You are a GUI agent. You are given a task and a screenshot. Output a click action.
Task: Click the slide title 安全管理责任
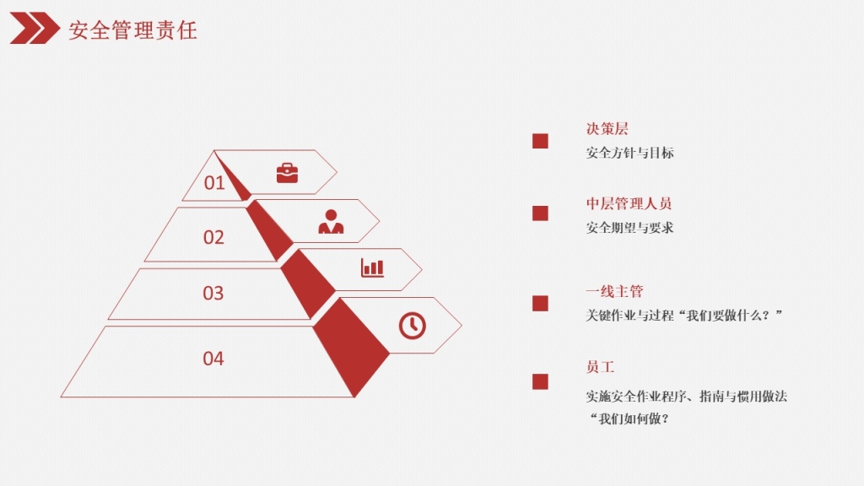pyautogui.click(x=132, y=30)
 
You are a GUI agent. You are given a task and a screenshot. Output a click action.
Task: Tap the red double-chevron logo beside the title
pyautogui.click(x=35, y=28)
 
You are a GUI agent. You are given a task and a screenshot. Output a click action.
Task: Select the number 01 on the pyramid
pyautogui.click(x=214, y=182)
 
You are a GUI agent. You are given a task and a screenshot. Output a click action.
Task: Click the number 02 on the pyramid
pyautogui.click(x=213, y=237)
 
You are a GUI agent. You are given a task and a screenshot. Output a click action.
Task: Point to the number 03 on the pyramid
pyautogui.click(x=213, y=293)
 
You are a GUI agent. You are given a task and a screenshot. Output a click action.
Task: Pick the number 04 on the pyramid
pyautogui.click(x=213, y=359)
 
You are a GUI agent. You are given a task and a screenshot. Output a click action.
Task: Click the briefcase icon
pyautogui.click(x=287, y=173)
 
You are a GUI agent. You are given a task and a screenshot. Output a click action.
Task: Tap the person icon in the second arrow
pyautogui.click(x=331, y=222)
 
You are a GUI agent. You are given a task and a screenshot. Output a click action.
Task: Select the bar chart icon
pyautogui.click(x=372, y=267)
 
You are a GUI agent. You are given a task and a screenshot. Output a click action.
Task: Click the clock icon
pyautogui.click(x=412, y=325)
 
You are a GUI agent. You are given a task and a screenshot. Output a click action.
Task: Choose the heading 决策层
pyautogui.click(x=607, y=129)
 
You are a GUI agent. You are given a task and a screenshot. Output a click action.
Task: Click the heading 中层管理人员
pyautogui.click(x=629, y=204)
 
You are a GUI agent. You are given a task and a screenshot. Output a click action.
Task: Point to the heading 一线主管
pyautogui.click(x=614, y=291)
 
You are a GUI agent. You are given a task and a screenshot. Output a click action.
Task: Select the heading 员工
pyautogui.click(x=600, y=367)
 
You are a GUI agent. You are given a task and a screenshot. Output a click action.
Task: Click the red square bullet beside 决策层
pyautogui.click(x=540, y=141)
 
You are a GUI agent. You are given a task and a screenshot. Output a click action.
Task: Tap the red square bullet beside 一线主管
pyautogui.click(x=540, y=304)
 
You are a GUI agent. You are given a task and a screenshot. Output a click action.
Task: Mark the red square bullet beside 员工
pyautogui.click(x=540, y=382)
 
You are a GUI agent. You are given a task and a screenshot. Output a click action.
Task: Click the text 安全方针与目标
pyautogui.click(x=629, y=153)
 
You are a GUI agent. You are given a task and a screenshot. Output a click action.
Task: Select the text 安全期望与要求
pyautogui.click(x=629, y=228)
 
